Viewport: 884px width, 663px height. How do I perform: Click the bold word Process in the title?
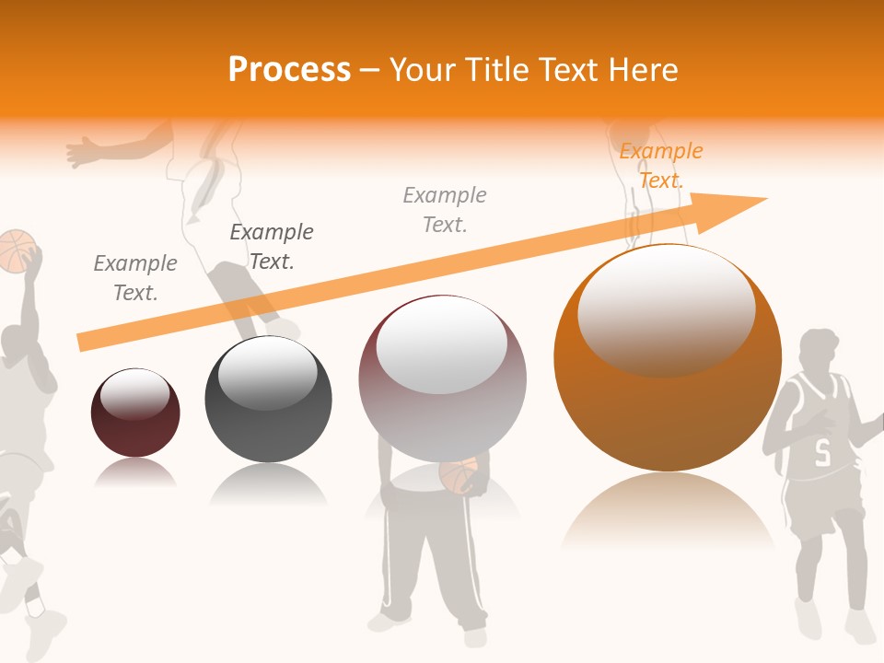[289, 70]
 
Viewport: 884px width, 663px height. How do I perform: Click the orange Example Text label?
[660, 166]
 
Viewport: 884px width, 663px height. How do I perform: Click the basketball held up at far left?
[17, 250]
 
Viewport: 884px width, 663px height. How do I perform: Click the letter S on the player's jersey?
[822, 452]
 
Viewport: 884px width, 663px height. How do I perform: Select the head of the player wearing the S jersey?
[819, 351]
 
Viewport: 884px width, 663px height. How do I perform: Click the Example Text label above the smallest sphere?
[135, 278]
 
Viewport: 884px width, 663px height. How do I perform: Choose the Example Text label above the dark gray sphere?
[272, 247]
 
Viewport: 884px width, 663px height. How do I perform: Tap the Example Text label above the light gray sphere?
[445, 209]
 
